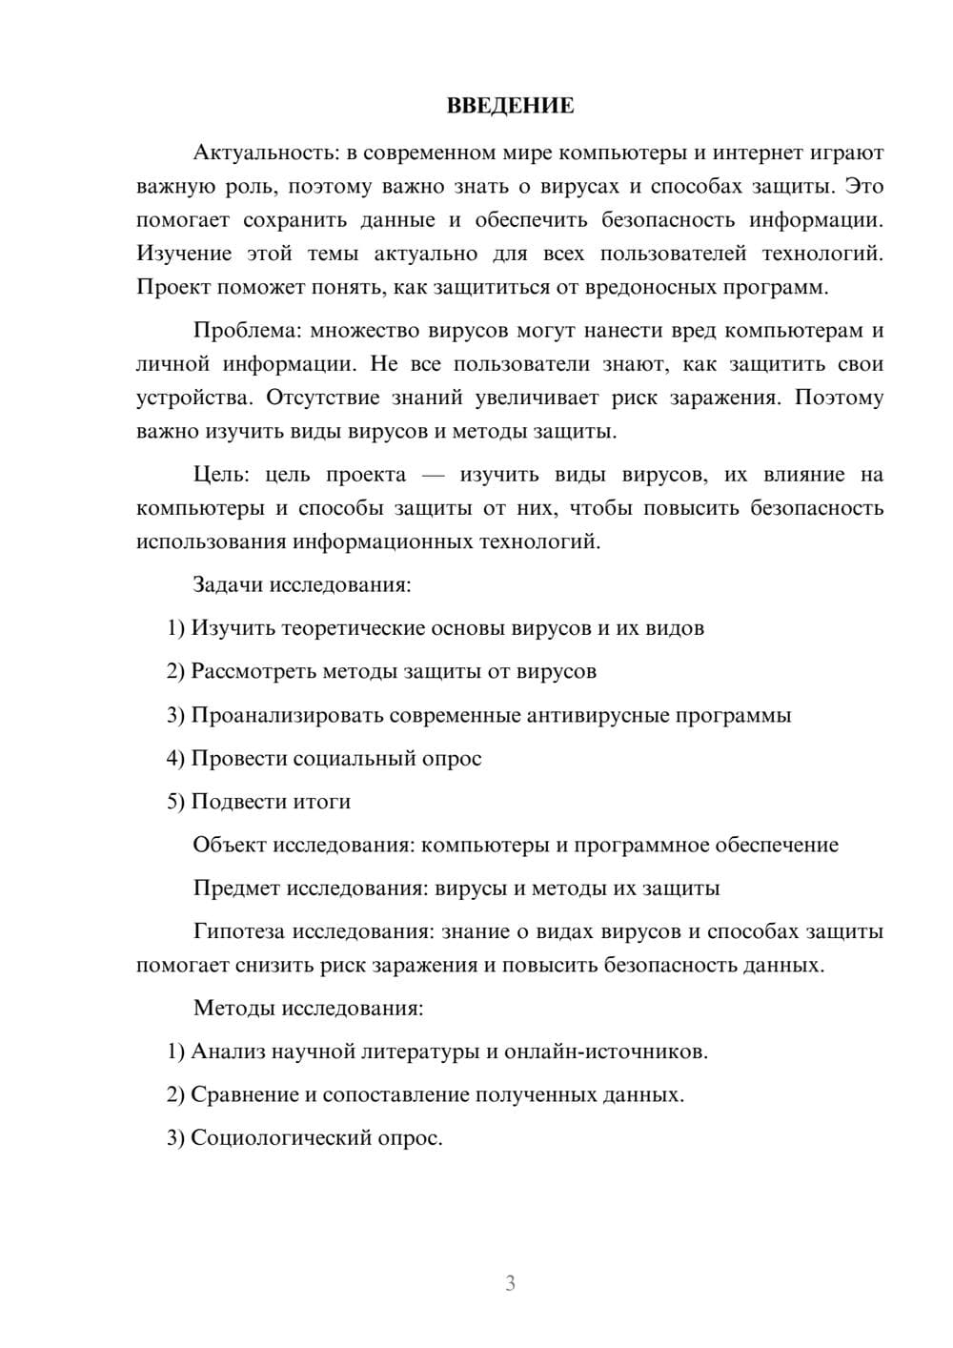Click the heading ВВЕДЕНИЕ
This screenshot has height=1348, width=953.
(510, 106)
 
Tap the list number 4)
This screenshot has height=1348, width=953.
(175, 759)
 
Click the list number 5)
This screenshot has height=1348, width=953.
(175, 802)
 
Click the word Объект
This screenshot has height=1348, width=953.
(230, 846)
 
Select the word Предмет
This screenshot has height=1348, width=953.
(236, 888)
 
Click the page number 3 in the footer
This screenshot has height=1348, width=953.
(510, 1283)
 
